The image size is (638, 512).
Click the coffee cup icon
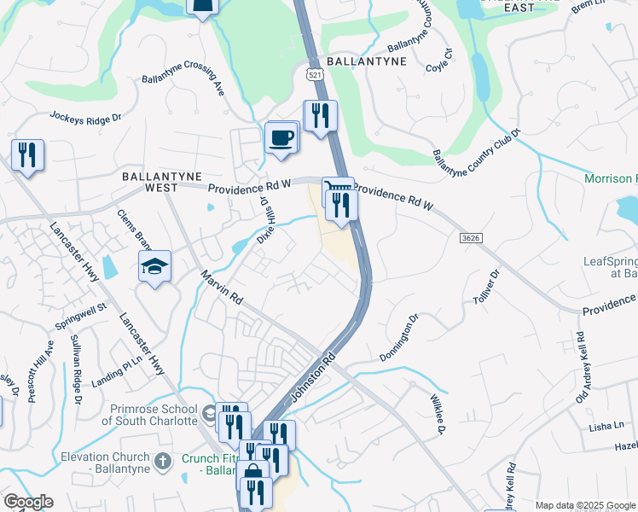tap(281, 137)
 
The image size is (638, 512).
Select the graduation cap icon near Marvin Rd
tap(156, 266)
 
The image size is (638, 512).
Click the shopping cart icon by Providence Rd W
tap(337, 189)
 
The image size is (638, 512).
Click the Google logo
tap(28, 502)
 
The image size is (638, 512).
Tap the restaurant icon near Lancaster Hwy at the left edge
tap(27, 154)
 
